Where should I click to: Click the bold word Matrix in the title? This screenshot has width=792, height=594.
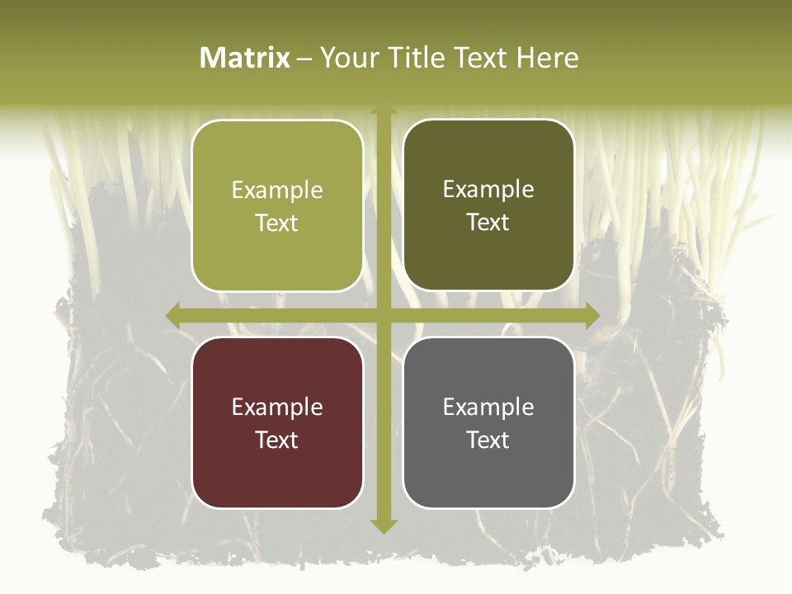[245, 58]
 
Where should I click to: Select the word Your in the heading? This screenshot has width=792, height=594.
[350, 58]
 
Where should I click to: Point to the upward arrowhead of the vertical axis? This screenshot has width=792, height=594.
[382, 111]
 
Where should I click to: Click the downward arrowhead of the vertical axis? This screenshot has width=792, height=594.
[382, 526]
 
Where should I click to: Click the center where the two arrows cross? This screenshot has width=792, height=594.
[382, 315]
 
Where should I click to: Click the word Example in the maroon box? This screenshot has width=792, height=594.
[277, 407]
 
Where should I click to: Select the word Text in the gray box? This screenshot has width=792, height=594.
[488, 440]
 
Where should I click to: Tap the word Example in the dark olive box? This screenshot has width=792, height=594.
[488, 190]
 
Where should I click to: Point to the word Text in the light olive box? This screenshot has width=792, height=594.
[277, 223]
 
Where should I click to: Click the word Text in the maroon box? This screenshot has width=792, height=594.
[277, 440]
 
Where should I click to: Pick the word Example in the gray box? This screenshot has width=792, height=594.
[488, 407]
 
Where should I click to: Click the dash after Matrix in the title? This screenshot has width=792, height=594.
[304, 59]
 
